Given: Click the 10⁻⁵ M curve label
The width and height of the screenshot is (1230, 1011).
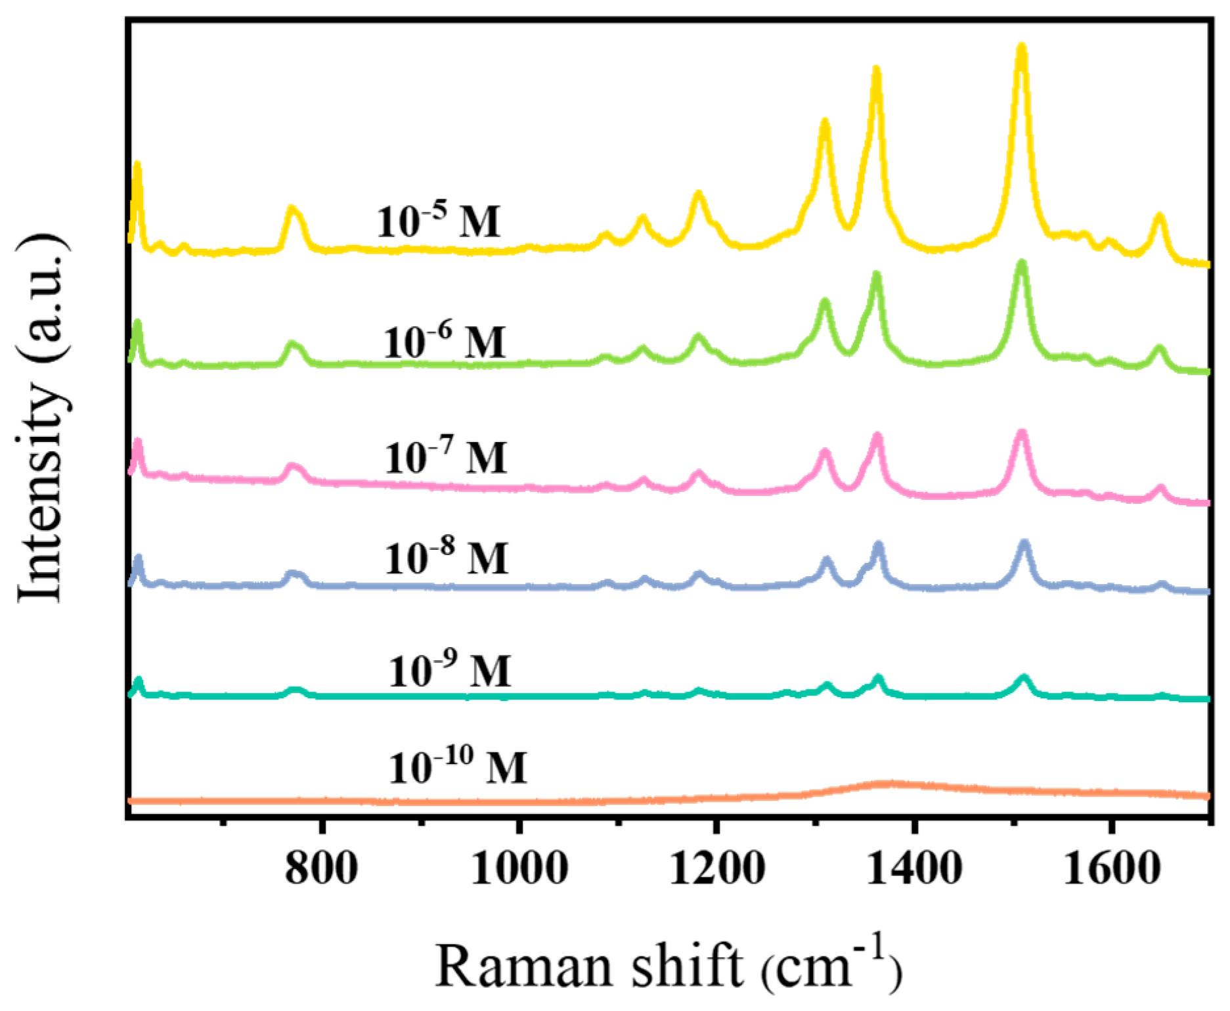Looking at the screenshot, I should point(438,220).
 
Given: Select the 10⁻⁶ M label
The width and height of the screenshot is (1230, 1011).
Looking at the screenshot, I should point(445,342).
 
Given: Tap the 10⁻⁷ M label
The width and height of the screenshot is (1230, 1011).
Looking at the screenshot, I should point(446,457).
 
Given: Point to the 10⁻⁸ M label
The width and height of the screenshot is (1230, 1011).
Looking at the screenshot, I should point(447,558).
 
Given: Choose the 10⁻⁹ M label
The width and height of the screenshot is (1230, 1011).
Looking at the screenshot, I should point(450,671).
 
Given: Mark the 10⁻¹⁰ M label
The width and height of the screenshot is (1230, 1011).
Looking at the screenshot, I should point(458,767).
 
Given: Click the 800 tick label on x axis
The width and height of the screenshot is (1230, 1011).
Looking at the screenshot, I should point(321,868).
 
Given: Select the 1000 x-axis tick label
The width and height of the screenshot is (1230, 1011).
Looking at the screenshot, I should point(519,868).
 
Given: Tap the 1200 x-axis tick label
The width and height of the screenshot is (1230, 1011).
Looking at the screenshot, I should point(716,868).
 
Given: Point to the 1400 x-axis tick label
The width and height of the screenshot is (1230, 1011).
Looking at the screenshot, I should point(913,868).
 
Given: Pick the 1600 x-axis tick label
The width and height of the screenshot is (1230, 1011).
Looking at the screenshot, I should point(1111,868).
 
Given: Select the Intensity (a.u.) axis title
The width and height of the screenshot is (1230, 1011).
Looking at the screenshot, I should point(43,418).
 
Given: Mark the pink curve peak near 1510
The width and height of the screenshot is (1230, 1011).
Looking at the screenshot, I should point(1021,434).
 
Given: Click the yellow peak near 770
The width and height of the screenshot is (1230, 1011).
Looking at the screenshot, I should point(293,210).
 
